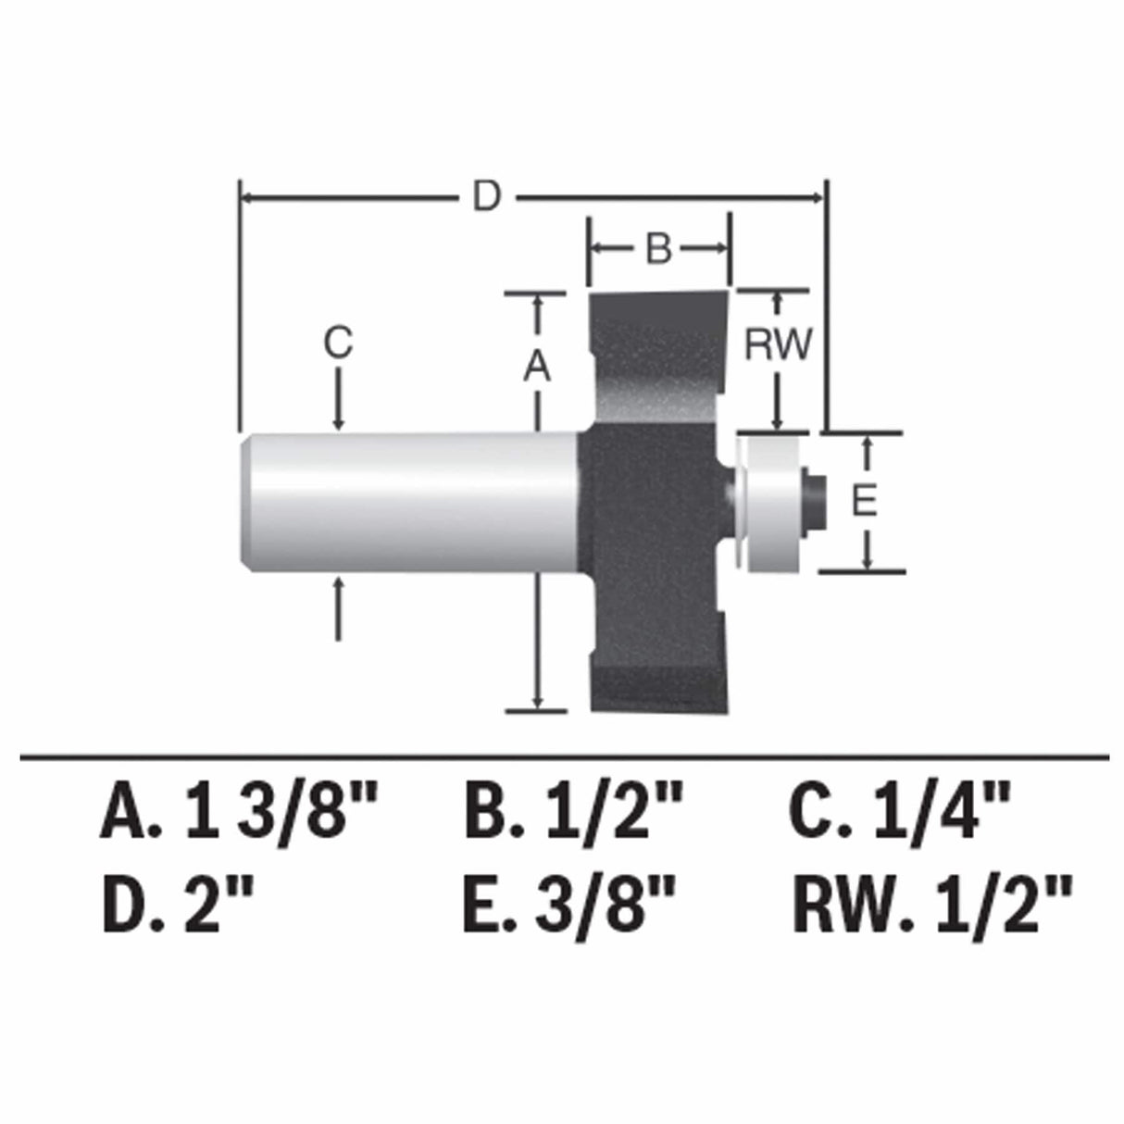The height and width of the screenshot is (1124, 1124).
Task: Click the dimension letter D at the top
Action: click(x=485, y=196)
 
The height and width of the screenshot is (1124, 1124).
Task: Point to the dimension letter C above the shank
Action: click(x=338, y=343)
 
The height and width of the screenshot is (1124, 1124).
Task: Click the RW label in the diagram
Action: click(x=778, y=344)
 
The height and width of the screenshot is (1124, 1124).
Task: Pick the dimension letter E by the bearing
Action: click(x=863, y=502)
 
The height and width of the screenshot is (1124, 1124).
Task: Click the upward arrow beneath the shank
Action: click(x=339, y=606)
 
